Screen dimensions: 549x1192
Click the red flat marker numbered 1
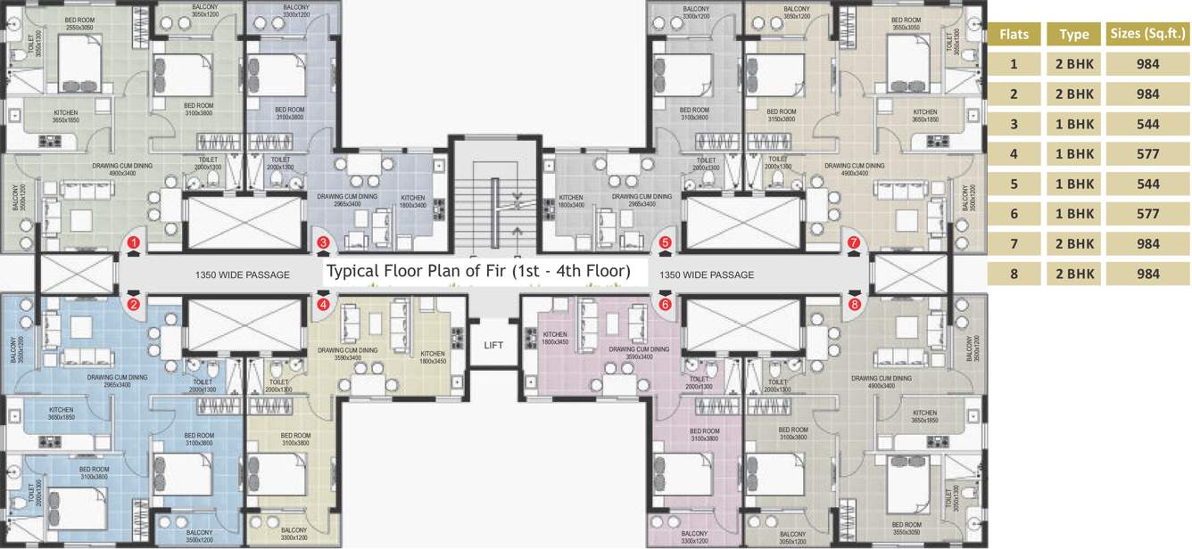[133, 242]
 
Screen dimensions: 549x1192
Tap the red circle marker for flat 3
[323, 242]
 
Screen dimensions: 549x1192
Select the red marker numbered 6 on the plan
[665, 304]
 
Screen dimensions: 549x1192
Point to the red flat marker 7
[854, 242]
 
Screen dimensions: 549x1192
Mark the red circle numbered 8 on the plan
[854, 304]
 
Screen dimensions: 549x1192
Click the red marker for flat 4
[323, 304]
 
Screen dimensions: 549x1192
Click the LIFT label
[493, 345]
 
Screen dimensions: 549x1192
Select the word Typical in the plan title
[354, 271]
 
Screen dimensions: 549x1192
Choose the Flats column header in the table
[1014, 34]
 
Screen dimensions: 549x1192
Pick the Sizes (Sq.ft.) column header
[1146, 34]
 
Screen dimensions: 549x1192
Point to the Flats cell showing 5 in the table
[1014, 184]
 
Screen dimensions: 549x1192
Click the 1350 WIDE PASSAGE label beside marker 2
[242, 274]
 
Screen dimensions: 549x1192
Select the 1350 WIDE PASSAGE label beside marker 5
[706, 274]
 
